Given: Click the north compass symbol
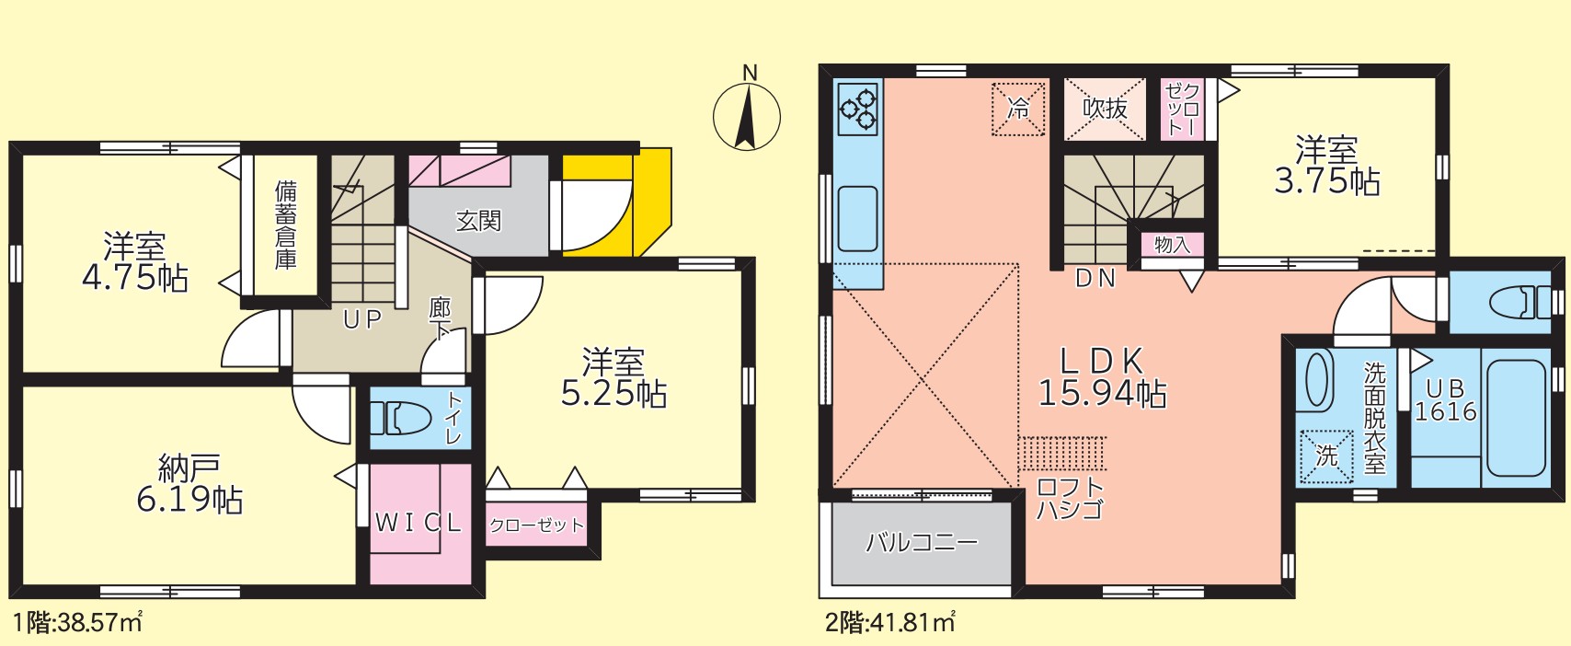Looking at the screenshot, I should point(747,116).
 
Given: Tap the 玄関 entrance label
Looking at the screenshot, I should point(478,221).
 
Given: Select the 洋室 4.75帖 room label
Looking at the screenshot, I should point(134,262).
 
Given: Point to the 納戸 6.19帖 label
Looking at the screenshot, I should point(189,485).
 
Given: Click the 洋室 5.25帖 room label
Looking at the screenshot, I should point(613,378).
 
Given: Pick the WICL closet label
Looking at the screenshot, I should point(419,523).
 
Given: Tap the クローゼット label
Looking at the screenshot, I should point(535,525).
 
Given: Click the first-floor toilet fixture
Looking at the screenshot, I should point(401,419).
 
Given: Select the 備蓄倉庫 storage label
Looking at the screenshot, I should point(286,225).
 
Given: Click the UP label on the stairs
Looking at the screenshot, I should point(361,319).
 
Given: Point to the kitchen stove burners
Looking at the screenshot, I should point(858,109).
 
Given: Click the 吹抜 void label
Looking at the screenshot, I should point(1105,109).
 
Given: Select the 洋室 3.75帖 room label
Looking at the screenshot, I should point(1326,166).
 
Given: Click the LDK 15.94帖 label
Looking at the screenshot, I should point(1102,377).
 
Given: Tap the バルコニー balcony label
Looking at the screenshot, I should point(922,542).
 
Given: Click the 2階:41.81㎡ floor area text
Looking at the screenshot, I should point(889,623).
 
